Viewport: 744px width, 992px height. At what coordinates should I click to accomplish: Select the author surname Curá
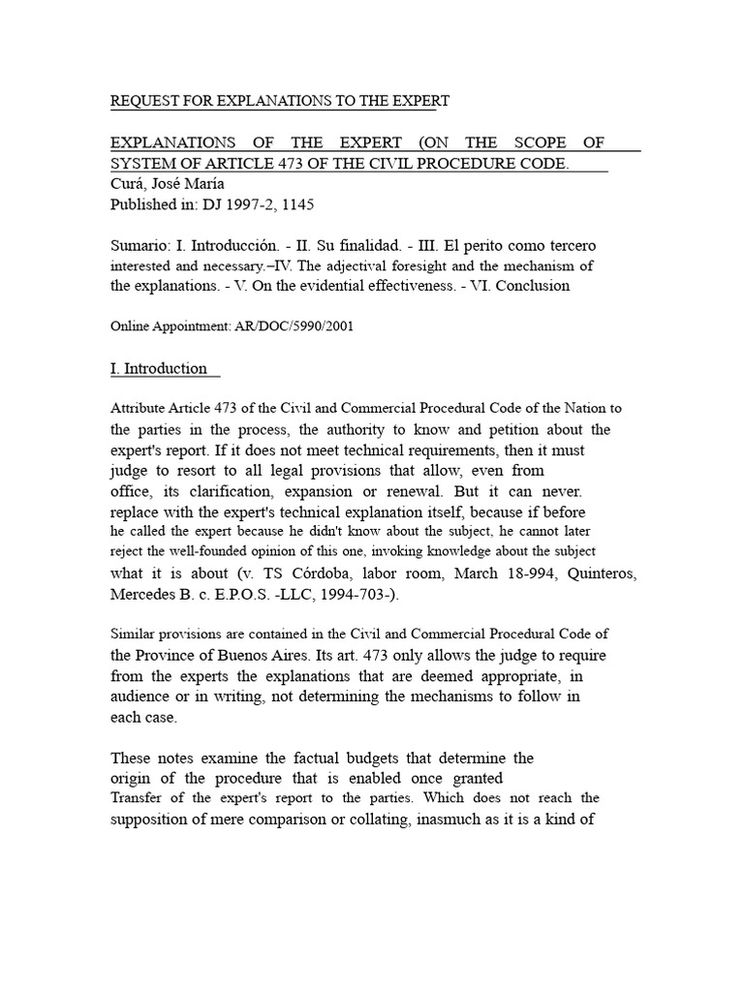pyautogui.click(x=128, y=184)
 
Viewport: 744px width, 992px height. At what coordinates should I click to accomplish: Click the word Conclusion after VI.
pyautogui.click(x=532, y=286)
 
